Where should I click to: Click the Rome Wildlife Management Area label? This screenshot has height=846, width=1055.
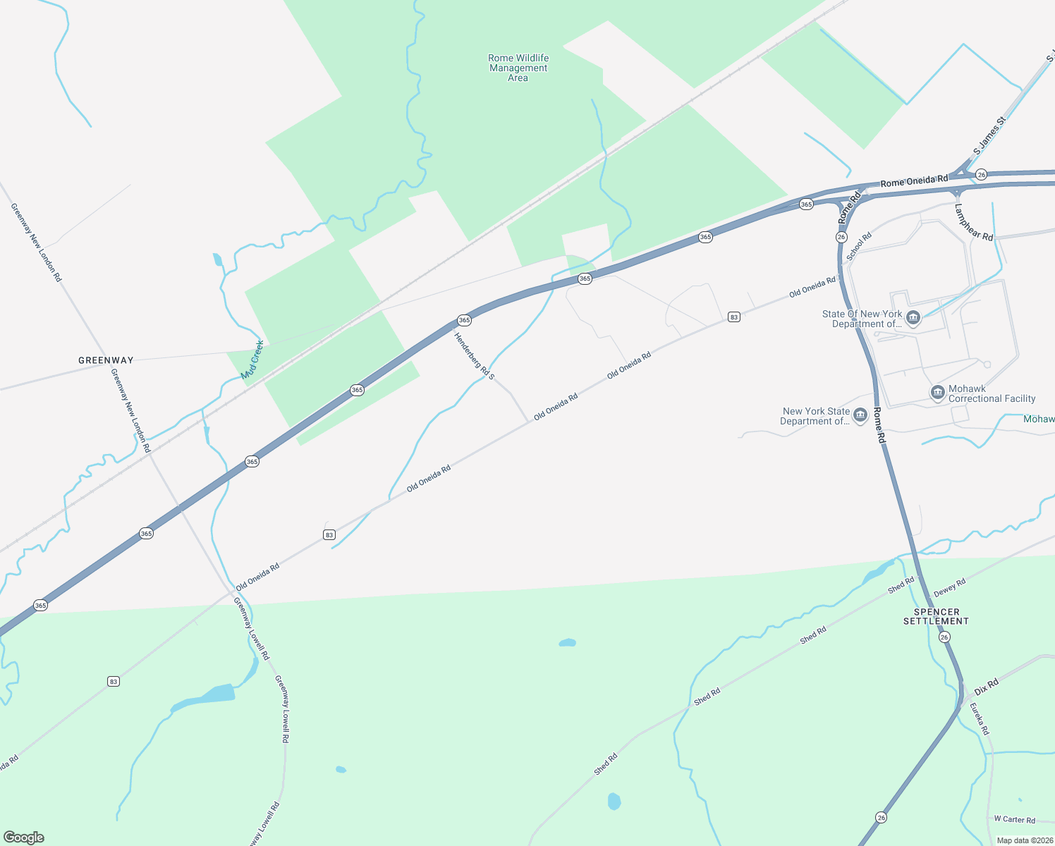point(518,68)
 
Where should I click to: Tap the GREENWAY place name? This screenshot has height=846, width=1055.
point(106,360)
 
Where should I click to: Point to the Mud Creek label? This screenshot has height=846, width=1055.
point(252,360)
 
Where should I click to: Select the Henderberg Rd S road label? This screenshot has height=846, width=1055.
point(475,356)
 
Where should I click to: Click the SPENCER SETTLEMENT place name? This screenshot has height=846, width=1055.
point(937,616)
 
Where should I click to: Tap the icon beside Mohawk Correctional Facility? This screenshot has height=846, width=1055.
point(937,393)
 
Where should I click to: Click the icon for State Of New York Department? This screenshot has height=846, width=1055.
point(913,318)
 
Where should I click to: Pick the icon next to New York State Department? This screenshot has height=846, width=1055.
point(860,415)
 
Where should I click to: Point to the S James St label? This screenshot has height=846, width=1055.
point(989,135)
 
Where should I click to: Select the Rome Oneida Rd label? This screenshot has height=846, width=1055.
point(914,181)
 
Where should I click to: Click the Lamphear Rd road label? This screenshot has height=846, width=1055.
point(973,222)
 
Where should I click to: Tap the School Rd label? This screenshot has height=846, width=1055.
point(859,246)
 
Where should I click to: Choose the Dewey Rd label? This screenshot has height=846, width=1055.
point(949,587)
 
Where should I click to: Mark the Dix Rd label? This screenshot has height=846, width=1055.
point(987,687)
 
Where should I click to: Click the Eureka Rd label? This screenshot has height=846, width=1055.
point(979,719)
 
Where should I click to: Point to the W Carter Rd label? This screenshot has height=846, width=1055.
point(1014,819)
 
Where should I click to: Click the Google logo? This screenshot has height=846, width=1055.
point(24,837)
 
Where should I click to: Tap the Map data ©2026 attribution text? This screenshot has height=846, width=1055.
point(1022,840)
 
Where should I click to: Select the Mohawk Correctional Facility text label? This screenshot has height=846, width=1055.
point(992,393)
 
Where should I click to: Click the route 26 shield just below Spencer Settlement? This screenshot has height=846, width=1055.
point(944,637)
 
